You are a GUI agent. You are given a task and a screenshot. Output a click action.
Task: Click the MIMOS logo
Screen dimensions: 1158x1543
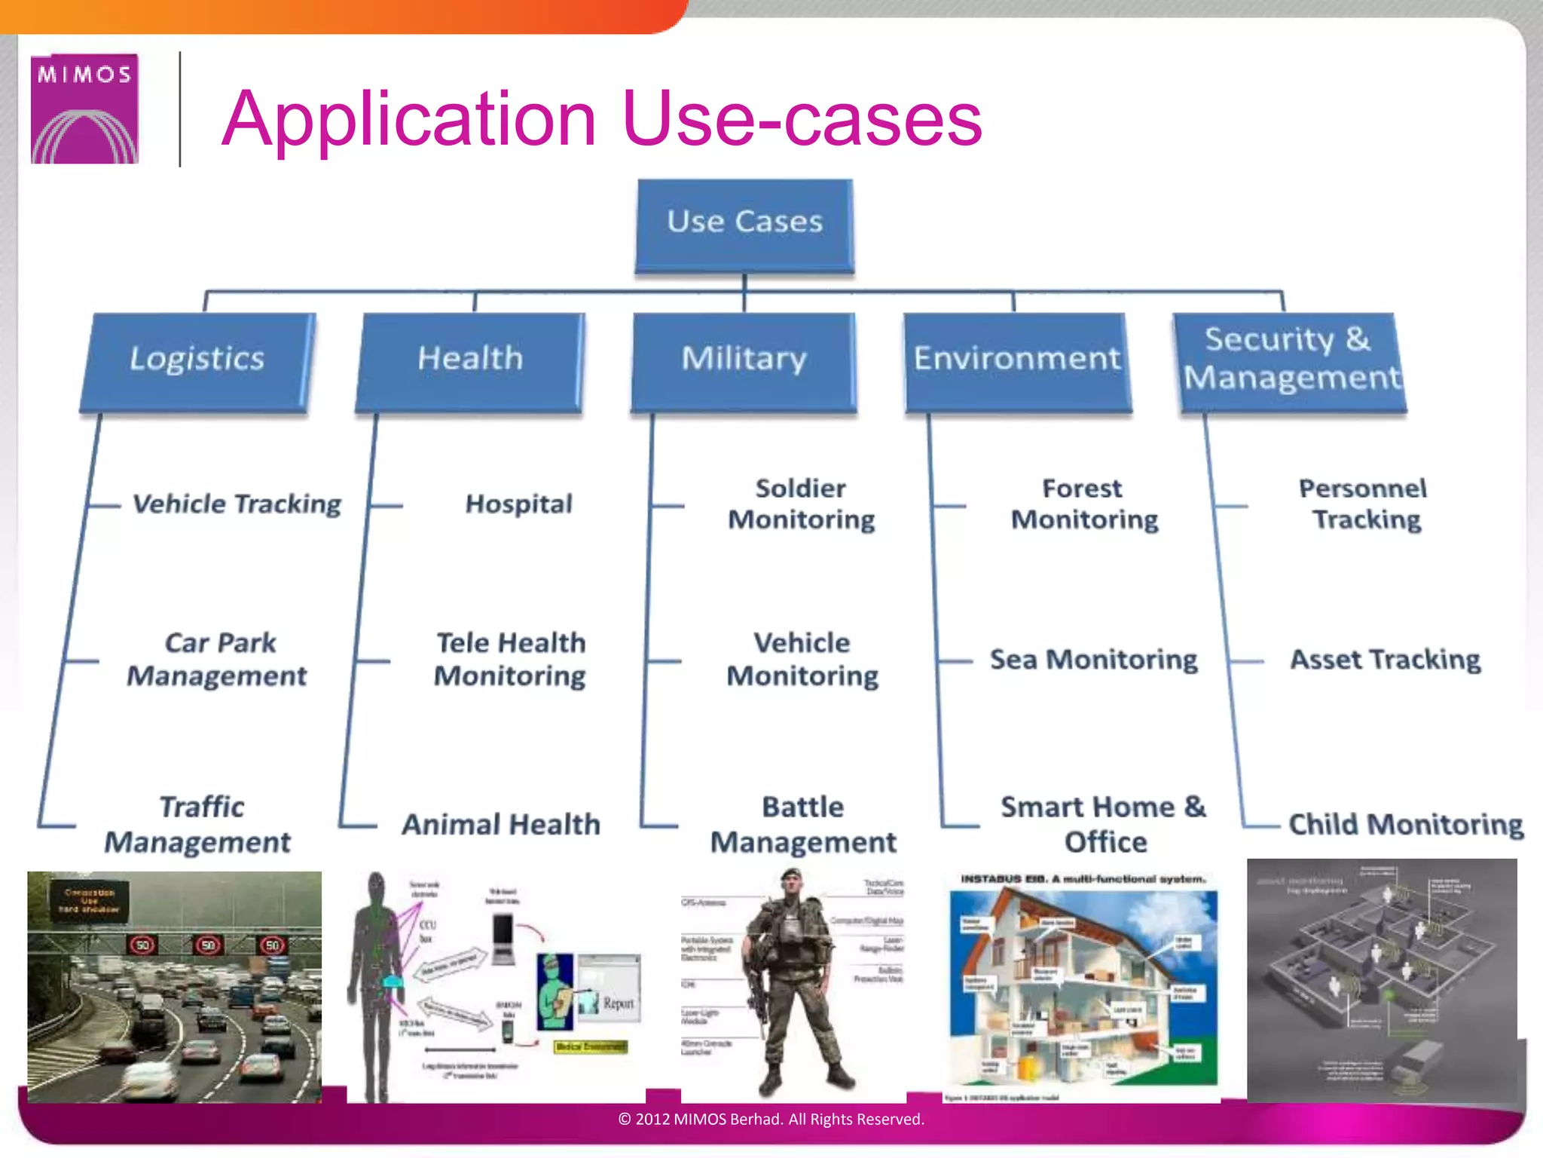pos(84,109)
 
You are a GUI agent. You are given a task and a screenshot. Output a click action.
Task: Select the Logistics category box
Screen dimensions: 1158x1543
pos(197,360)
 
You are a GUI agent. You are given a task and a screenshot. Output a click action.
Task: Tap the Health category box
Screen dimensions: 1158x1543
pos(470,360)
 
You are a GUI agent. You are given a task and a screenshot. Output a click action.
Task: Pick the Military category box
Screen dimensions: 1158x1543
pos(744,360)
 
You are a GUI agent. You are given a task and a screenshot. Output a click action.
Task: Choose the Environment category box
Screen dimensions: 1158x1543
pos(1017,360)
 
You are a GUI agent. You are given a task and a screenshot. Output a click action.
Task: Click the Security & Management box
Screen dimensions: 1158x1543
pos(1290,360)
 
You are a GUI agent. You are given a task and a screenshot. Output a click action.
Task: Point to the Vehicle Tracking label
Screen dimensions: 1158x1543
pos(237,504)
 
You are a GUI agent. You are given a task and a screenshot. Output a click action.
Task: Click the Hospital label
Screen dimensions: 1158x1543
pos(518,504)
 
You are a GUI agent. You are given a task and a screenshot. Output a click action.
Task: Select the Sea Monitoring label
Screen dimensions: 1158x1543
pos(1093,660)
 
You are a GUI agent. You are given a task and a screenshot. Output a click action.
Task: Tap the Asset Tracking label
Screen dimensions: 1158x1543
pos(1385,660)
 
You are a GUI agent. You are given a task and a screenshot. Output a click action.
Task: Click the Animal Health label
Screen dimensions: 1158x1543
pos(501,824)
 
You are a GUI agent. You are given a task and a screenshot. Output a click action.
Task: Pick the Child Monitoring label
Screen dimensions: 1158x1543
pos(1406,824)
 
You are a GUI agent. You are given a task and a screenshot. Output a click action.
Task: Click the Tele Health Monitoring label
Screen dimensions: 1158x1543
pos(511,659)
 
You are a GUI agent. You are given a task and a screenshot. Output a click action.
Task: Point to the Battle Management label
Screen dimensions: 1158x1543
pos(803,824)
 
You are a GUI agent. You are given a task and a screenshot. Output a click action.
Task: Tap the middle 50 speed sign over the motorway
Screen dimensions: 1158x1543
pos(208,945)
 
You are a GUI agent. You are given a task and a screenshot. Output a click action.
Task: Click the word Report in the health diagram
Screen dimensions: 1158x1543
pos(619,1003)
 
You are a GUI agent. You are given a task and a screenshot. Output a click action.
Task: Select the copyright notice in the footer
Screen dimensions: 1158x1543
pos(771,1120)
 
